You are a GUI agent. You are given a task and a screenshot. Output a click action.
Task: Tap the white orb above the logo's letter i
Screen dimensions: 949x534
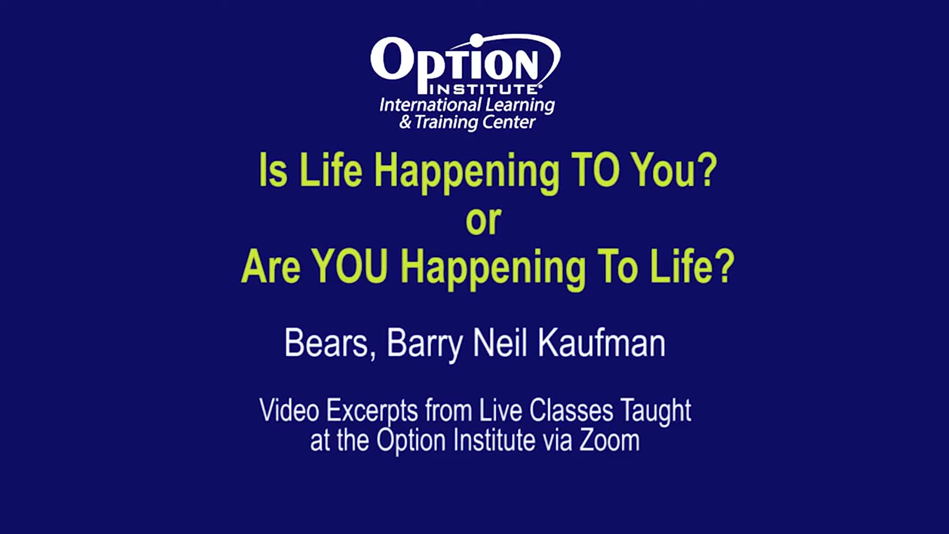(x=475, y=40)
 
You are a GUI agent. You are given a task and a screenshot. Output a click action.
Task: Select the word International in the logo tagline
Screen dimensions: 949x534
(x=431, y=105)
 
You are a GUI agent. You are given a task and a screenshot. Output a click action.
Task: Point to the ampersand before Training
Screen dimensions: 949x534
(x=405, y=122)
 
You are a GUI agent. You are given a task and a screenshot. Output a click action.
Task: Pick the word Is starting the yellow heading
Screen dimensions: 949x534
(x=273, y=170)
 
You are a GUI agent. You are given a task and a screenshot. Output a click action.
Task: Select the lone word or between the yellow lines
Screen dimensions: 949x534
(x=483, y=221)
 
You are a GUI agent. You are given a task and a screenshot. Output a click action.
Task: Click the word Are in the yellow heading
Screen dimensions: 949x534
(x=271, y=267)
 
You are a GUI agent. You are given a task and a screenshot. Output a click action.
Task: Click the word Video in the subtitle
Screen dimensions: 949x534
(x=289, y=410)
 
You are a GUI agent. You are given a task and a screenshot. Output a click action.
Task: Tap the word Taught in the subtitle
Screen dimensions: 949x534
(x=656, y=412)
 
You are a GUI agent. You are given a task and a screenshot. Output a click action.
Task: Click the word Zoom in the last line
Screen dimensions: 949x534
(x=609, y=440)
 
